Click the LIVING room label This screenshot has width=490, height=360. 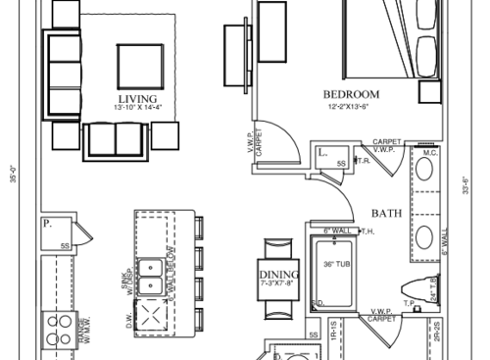point(137,99)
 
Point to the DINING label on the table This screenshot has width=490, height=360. point(279,275)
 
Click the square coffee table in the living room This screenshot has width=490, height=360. point(141,66)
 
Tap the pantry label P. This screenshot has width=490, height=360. point(46,224)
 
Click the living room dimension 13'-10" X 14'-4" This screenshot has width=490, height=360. point(137,109)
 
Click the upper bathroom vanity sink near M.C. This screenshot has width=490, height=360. point(427,170)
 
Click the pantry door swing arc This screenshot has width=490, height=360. point(85,232)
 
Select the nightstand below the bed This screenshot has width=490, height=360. point(429,92)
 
